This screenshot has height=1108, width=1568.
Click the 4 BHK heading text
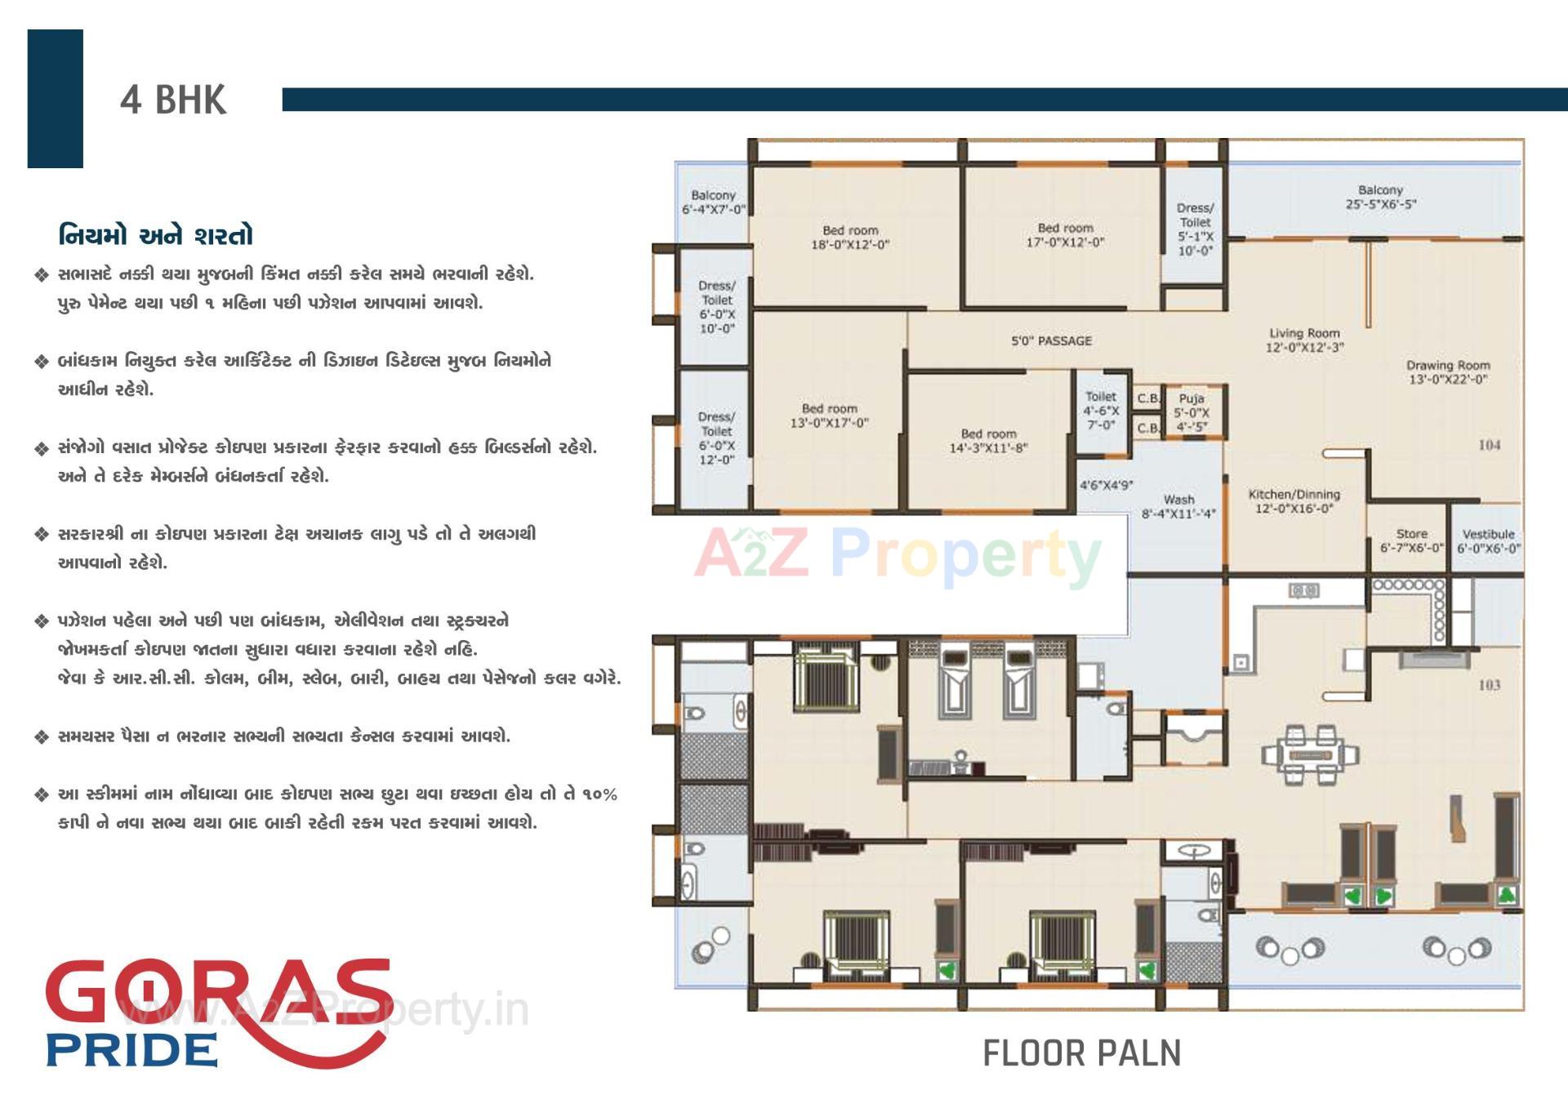173,100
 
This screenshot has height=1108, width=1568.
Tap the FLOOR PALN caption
1081,1053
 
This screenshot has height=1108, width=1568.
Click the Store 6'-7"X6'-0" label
1411,540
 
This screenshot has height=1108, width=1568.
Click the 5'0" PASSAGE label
1051,340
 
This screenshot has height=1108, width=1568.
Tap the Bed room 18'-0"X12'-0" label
850,238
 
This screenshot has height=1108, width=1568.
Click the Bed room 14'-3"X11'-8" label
988,441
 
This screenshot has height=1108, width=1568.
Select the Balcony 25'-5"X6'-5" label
1380,197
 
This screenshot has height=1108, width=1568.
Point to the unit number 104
1489,445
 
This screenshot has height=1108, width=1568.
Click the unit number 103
1489,685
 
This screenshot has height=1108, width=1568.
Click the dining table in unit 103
1309,755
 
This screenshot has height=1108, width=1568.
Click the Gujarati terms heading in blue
155,236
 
